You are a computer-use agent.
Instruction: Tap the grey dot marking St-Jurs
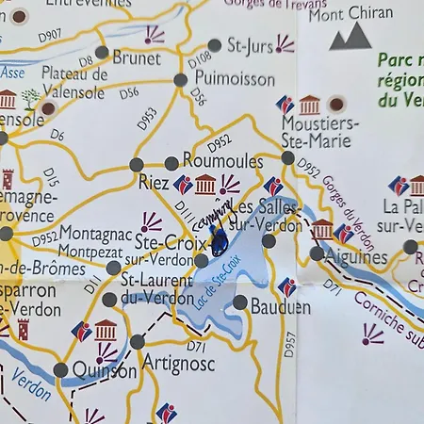click(215, 44)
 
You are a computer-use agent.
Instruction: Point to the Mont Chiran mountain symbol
click(349, 36)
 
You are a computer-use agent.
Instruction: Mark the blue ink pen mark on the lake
click(219, 243)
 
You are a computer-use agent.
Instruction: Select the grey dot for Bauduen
click(240, 302)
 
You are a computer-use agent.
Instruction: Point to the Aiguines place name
click(355, 255)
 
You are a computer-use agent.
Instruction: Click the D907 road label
click(50, 36)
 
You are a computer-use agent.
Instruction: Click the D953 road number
click(147, 119)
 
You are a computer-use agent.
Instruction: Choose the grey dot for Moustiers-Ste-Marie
click(288, 157)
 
